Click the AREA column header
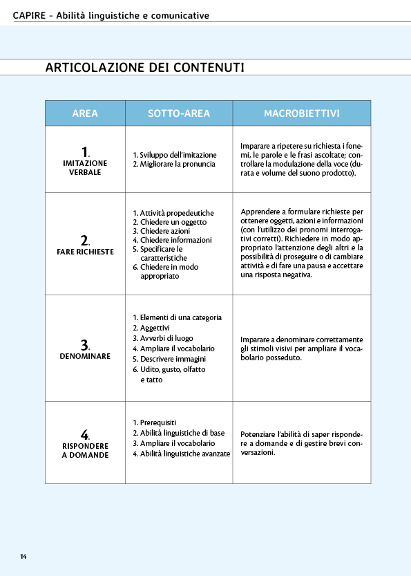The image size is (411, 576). (x=85, y=113)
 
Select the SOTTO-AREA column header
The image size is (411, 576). (x=178, y=113)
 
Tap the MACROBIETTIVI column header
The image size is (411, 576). (x=301, y=113)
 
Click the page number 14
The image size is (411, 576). (x=23, y=556)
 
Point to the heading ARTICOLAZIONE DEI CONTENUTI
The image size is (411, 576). (x=144, y=67)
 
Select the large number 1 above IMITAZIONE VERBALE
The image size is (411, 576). (x=84, y=152)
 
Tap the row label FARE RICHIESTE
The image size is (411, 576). (x=85, y=252)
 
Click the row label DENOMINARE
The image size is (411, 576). (x=85, y=355)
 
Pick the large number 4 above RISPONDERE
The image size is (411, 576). (x=84, y=434)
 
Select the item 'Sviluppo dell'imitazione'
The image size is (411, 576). (x=178, y=155)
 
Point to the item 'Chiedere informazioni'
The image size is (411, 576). (x=175, y=240)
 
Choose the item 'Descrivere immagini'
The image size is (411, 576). (x=173, y=359)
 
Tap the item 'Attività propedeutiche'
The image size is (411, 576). (x=177, y=213)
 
